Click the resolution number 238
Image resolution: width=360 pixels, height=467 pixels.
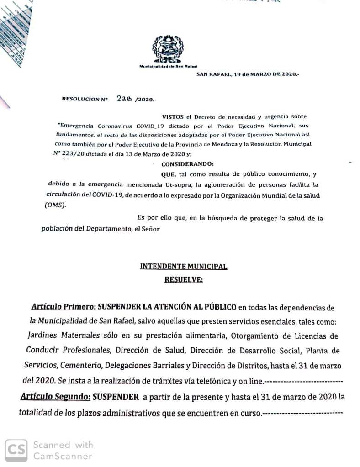(x=124, y=98)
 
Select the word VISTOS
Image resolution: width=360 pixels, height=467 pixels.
(x=172, y=117)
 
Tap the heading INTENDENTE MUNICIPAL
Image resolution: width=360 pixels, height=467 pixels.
(x=183, y=267)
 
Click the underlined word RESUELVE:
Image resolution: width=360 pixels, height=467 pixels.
(x=183, y=280)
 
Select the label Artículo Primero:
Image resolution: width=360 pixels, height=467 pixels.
(x=64, y=307)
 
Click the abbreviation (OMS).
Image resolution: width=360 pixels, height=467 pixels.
(x=55, y=205)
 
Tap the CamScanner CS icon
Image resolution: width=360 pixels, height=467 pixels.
(x=16, y=450)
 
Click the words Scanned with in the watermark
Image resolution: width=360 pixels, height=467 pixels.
(x=63, y=445)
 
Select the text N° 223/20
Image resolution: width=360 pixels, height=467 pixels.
(x=69, y=154)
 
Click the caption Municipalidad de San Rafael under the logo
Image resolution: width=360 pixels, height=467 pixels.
(x=168, y=66)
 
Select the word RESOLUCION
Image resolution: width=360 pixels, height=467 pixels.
(x=80, y=99)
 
